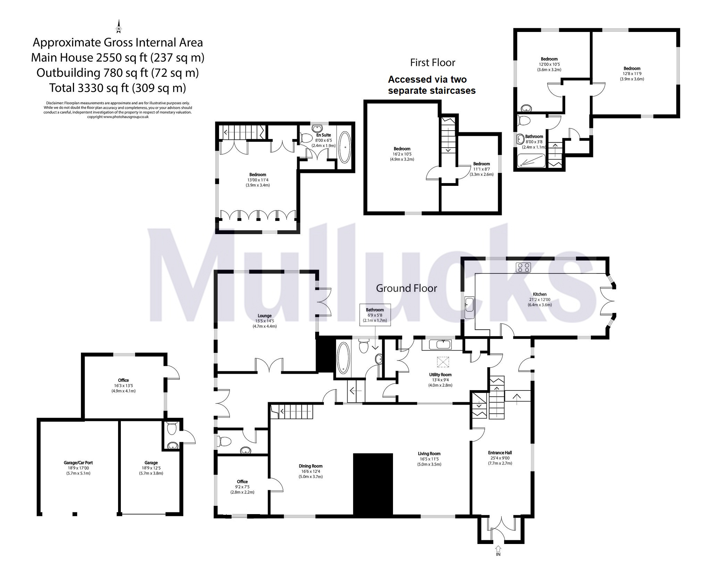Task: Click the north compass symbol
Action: pos(119,27)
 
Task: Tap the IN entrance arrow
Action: pos(498,549)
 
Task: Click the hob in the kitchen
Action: pos(523,267)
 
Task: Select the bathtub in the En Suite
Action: pos(344,147)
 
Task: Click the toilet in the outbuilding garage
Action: pos(172,428)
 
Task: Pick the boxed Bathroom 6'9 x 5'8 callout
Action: pos(375,315)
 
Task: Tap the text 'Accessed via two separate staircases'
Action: pos(432,85)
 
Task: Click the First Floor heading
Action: pos(432,63)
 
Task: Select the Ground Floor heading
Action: pos(406,288)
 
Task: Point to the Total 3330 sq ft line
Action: pos(117,88)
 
